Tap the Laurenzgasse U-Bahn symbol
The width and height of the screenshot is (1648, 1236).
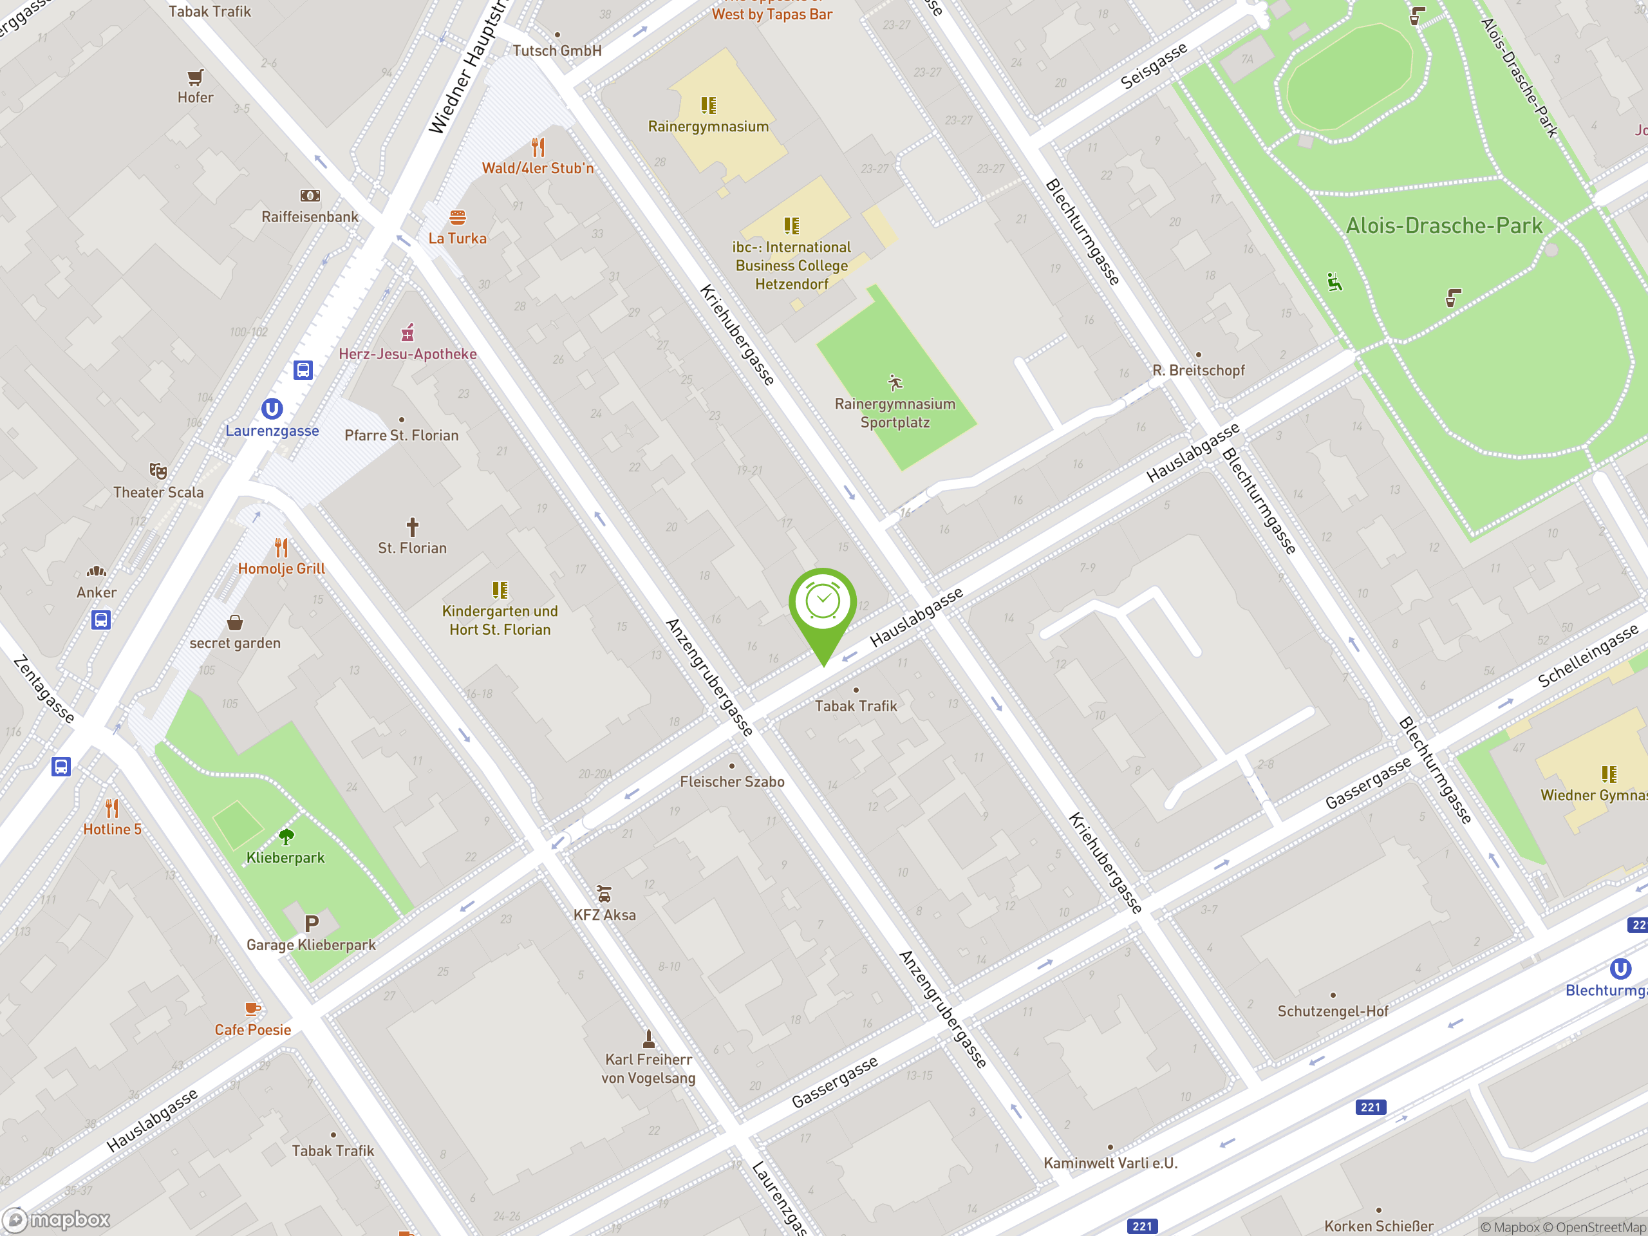click(272, 409)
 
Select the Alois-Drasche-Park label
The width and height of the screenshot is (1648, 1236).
click(1444, 226)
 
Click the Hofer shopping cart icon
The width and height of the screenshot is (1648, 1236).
click(195, 77)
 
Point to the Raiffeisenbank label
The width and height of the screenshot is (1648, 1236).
click(310, 217)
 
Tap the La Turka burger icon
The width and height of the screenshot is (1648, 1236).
click(458, 218)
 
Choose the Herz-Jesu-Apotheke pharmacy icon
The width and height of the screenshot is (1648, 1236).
click(407, 332)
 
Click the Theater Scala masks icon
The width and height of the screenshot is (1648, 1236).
click(158, 471)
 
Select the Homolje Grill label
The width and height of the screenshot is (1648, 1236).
click(281, 568)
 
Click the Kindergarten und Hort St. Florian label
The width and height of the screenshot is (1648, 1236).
click(500, 620)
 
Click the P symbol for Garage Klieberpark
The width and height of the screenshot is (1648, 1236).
click(312, 924)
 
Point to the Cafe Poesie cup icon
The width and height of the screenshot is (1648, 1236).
click(252, 1009)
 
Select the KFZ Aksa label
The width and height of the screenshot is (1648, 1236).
click(604, 915)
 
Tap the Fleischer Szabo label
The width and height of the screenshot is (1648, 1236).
click(731, 782)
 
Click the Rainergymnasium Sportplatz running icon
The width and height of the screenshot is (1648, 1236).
click(895, 383)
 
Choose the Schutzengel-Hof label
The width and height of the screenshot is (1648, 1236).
click(1333, 1011)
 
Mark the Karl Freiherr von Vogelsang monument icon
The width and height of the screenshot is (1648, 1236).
click(649, 1038)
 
